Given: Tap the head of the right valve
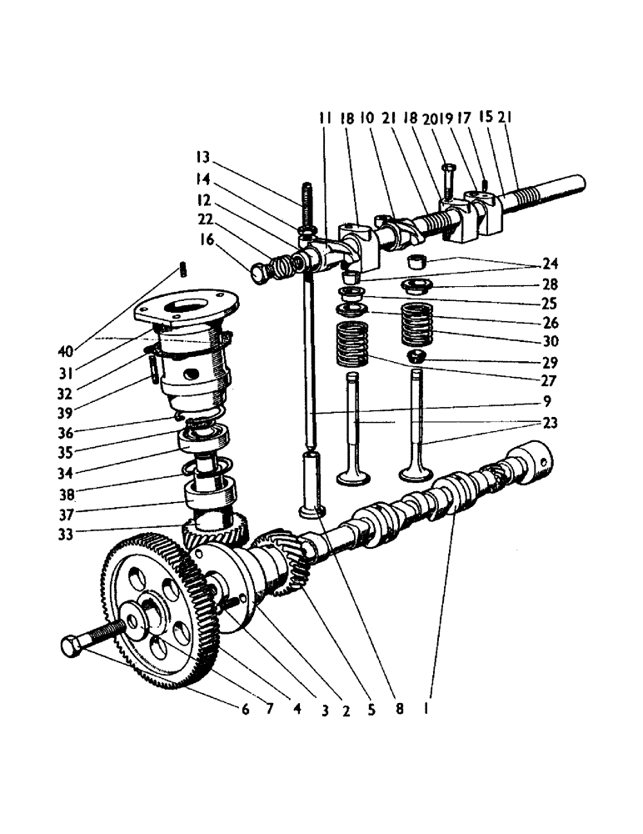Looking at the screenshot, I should (x=417, y=475).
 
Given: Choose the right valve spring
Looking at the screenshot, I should (x=419, y=325).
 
